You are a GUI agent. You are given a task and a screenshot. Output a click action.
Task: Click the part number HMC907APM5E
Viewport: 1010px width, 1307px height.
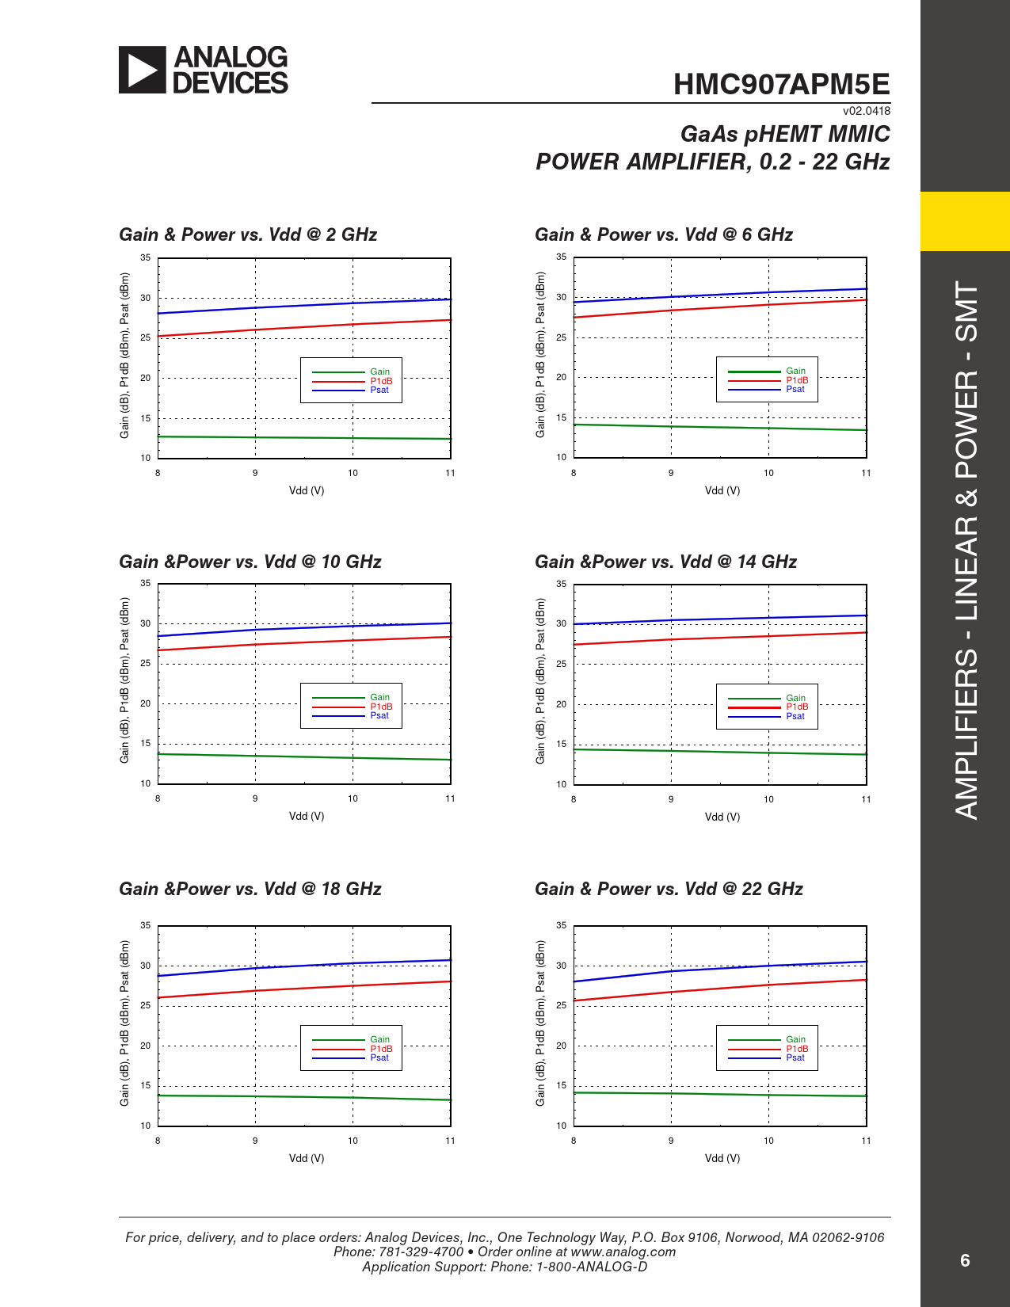(781, 85)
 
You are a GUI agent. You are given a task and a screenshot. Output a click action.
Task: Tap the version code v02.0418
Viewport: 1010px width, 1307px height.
(866, 111)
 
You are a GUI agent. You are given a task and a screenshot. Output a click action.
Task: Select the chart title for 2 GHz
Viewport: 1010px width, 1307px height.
(248, 234)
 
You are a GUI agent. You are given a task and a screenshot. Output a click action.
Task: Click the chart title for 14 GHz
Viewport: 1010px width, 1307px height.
(665, 562)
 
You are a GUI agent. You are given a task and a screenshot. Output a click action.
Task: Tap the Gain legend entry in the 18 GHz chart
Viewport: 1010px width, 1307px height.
(379, 1039)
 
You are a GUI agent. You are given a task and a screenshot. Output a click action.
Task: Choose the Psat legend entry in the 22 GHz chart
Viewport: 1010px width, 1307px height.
(795, 1057)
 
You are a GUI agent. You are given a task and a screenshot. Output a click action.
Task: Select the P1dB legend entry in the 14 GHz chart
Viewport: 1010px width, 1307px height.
(797, 707)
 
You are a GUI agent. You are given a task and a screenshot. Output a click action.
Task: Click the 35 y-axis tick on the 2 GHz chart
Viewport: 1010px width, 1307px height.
(146, 257)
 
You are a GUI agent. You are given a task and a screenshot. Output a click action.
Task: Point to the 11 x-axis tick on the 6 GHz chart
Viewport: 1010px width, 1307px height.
(866, 473)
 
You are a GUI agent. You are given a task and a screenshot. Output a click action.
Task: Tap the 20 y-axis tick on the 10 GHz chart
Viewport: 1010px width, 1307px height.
(146, 703)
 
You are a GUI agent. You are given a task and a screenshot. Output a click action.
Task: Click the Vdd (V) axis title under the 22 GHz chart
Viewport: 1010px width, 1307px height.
(722, 1158)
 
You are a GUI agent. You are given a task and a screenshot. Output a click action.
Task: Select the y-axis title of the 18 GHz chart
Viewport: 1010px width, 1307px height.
(124, 1023)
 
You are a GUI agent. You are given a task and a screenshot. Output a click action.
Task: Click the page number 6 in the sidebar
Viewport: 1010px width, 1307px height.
(965, 1260)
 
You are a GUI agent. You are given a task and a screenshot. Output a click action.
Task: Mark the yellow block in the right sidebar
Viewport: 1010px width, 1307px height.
(965, 221)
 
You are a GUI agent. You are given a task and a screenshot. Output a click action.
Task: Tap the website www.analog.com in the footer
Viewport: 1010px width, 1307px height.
(623, 1252)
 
